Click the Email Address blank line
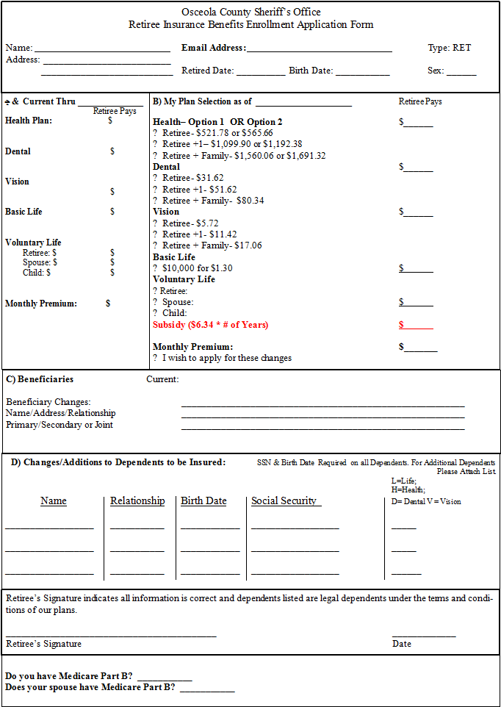[x=319, y=49]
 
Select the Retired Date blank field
[x=260, y=72]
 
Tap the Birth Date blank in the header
[x=362, y=72]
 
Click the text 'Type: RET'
[x=449, y=48]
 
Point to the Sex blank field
[x=461, y=72]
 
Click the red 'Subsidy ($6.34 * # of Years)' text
[x=211, y=325]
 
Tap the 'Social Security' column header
[x=284, y=500]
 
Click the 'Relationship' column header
[x=137, y=500]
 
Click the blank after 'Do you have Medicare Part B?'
[x=164, y=678]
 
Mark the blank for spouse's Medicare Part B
[x=207, y=689]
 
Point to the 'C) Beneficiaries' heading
[x=40, y=379]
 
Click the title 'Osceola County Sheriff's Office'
[x=250, y=12]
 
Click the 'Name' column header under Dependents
[x=54, y=500]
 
